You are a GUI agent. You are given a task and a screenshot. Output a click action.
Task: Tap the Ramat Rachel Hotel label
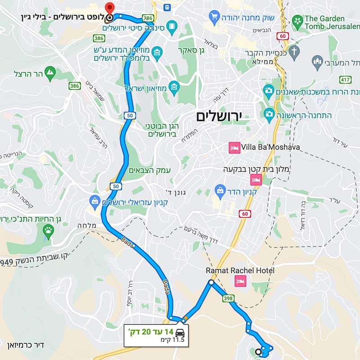coord(240,271)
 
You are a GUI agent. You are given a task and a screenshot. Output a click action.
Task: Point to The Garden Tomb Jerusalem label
coord(331,22)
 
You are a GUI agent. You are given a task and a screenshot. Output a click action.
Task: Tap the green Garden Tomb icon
coord(297,20)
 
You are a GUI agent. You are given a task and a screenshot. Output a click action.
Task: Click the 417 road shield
coord(346,80)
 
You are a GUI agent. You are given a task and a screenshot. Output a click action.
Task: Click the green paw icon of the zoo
coord(48,231)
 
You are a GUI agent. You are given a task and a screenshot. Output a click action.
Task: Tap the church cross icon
coord(294,50)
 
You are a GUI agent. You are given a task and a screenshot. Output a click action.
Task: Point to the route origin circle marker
coord(259,352)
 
